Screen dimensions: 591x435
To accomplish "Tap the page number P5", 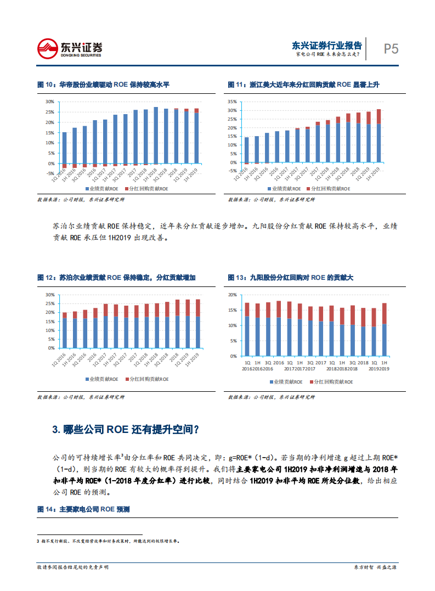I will point(391,49).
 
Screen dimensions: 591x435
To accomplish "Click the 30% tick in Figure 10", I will point(50,102).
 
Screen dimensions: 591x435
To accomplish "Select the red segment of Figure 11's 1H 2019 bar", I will point(378,116).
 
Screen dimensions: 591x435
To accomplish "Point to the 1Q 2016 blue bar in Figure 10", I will point(64,148).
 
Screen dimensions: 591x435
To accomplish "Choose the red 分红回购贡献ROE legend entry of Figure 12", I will point(148,379).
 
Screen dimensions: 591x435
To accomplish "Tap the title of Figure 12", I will point(116,278).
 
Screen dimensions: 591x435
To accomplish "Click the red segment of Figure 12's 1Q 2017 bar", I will point(106,308).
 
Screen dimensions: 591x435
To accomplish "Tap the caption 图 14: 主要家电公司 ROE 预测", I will point(83,509).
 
